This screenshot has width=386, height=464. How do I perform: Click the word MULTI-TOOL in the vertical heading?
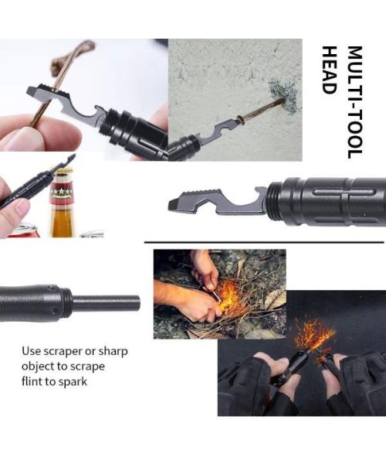pyautogui.click(x=354, y=102)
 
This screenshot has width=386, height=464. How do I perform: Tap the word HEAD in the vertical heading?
pyautogui.click(x=329, y=70)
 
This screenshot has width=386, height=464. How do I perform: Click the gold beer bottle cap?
pyautogui.click(x=63, y=172)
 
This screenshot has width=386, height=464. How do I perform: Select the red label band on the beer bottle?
pyautogui.click(x=62, y=191)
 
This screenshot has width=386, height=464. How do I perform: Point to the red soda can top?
pyautogui.click(x=22, y=230)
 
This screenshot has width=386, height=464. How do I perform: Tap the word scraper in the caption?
pyautogui.click(x=63, y=352)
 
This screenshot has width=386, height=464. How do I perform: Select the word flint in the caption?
pyautogui.click(x=32, y=381)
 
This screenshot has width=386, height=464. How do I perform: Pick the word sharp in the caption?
pyautogui.click(x=113, y=352)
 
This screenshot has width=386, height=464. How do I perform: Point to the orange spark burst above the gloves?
pyautogui.click(x=314, y=334)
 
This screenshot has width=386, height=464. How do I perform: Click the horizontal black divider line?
pyautogui.click(x=264, y=242)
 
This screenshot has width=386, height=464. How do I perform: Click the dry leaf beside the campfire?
pyautogui.click(x=276, y=299)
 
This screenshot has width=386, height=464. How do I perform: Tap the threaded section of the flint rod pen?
pyautogui.click(x=66, y=304)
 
